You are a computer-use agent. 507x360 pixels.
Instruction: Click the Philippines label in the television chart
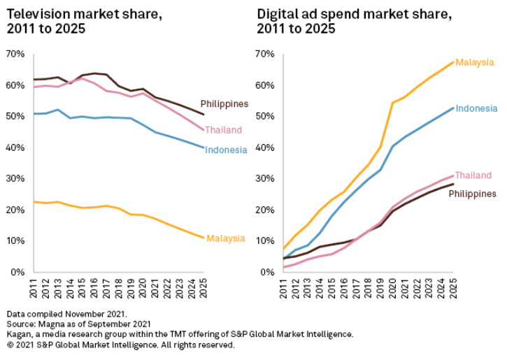pyautogui.click(x=224, y=103)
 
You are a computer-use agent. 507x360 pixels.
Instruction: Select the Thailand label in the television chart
pyautogui.click(x=223, y=130)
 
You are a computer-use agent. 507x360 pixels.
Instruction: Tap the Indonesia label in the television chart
pyautogui.click(x=226, y=150)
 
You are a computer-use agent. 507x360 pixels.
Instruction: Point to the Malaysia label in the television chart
pyautogui.click(x=226, y=238)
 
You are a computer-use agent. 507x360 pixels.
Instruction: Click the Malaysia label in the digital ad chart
pyautogui.click(x=474, y=63)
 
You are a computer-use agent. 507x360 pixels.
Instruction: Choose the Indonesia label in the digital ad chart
pyautogui.click(x=476, y=108)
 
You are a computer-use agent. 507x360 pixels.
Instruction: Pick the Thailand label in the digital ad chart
pyautogui.click(x=473, y=175)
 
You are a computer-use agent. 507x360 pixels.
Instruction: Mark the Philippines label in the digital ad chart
pyautogui.click(x=472, y=194)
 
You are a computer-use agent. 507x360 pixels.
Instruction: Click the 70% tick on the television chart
pyautogui.click(x=15, y=54)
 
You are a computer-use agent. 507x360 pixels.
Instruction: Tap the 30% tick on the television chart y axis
pyautogui.click(x=15, y=178)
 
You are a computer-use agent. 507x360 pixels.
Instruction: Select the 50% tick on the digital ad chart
pyautogui.click(x=264, y=116)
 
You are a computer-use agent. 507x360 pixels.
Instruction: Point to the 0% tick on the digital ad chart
pyautogui.click(x=266, y=272)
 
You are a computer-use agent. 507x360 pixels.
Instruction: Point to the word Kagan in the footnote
pyautogui.click(x=19, y=334)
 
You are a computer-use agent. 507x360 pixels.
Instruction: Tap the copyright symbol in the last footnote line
pyautogui.click(x=9, y=345)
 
